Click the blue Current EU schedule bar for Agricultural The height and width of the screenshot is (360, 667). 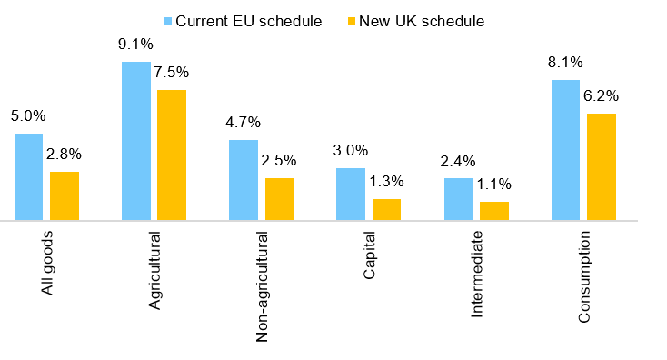tap(135, 141)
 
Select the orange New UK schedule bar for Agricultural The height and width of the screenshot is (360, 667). tap(172, 155)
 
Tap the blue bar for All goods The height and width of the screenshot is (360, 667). tap(28, 176)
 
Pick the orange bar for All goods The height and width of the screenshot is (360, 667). tap(65, 195)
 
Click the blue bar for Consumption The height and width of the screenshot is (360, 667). tap(565, 150)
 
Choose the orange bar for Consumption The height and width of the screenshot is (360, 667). tap(602, 166)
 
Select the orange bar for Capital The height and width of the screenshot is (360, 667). tap(386, 209)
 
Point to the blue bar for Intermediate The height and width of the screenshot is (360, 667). tap(458, 199)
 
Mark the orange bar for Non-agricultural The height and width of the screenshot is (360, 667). tap(279, 199)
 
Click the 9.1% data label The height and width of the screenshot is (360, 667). tap(135, 44)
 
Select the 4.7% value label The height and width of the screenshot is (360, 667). tap(243, 122)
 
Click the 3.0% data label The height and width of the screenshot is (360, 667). tap(351, 150)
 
